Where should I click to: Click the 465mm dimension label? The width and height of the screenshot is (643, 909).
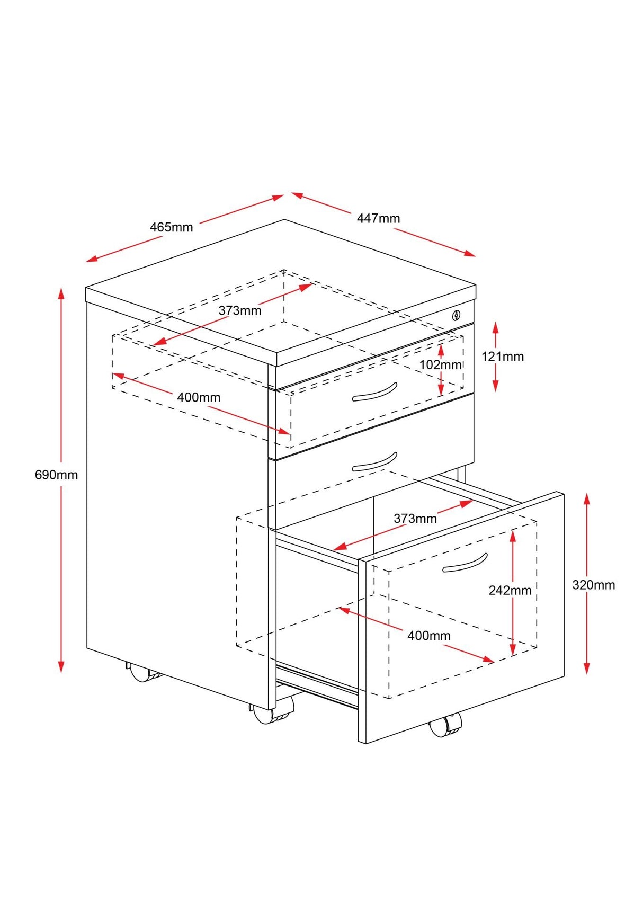coord(171,227)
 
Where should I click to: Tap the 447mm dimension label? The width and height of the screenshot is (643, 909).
coord(378,218)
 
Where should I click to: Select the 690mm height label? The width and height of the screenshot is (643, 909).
coord(56,475)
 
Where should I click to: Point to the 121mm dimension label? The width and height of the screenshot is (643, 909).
coord(502,357)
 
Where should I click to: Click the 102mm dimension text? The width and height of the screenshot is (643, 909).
coord(440,364)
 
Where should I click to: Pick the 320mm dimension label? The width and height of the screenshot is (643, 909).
coord(593,585)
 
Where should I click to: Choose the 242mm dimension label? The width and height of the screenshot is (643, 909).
coord(510,590)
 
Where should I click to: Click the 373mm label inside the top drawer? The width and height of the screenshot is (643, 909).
coord(240,310)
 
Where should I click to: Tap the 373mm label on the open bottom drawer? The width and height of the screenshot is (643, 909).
coord(415,519)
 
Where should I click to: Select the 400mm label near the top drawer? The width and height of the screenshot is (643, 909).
coord(199,397)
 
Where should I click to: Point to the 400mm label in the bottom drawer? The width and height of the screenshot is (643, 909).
coord(428,636)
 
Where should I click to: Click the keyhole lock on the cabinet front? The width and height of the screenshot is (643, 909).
coord(456,316)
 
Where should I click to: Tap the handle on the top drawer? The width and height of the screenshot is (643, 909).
coord(374,392)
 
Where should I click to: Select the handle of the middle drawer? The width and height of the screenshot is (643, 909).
coord(374,462)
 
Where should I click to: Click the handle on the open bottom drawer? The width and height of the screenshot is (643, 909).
coord(465,563)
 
